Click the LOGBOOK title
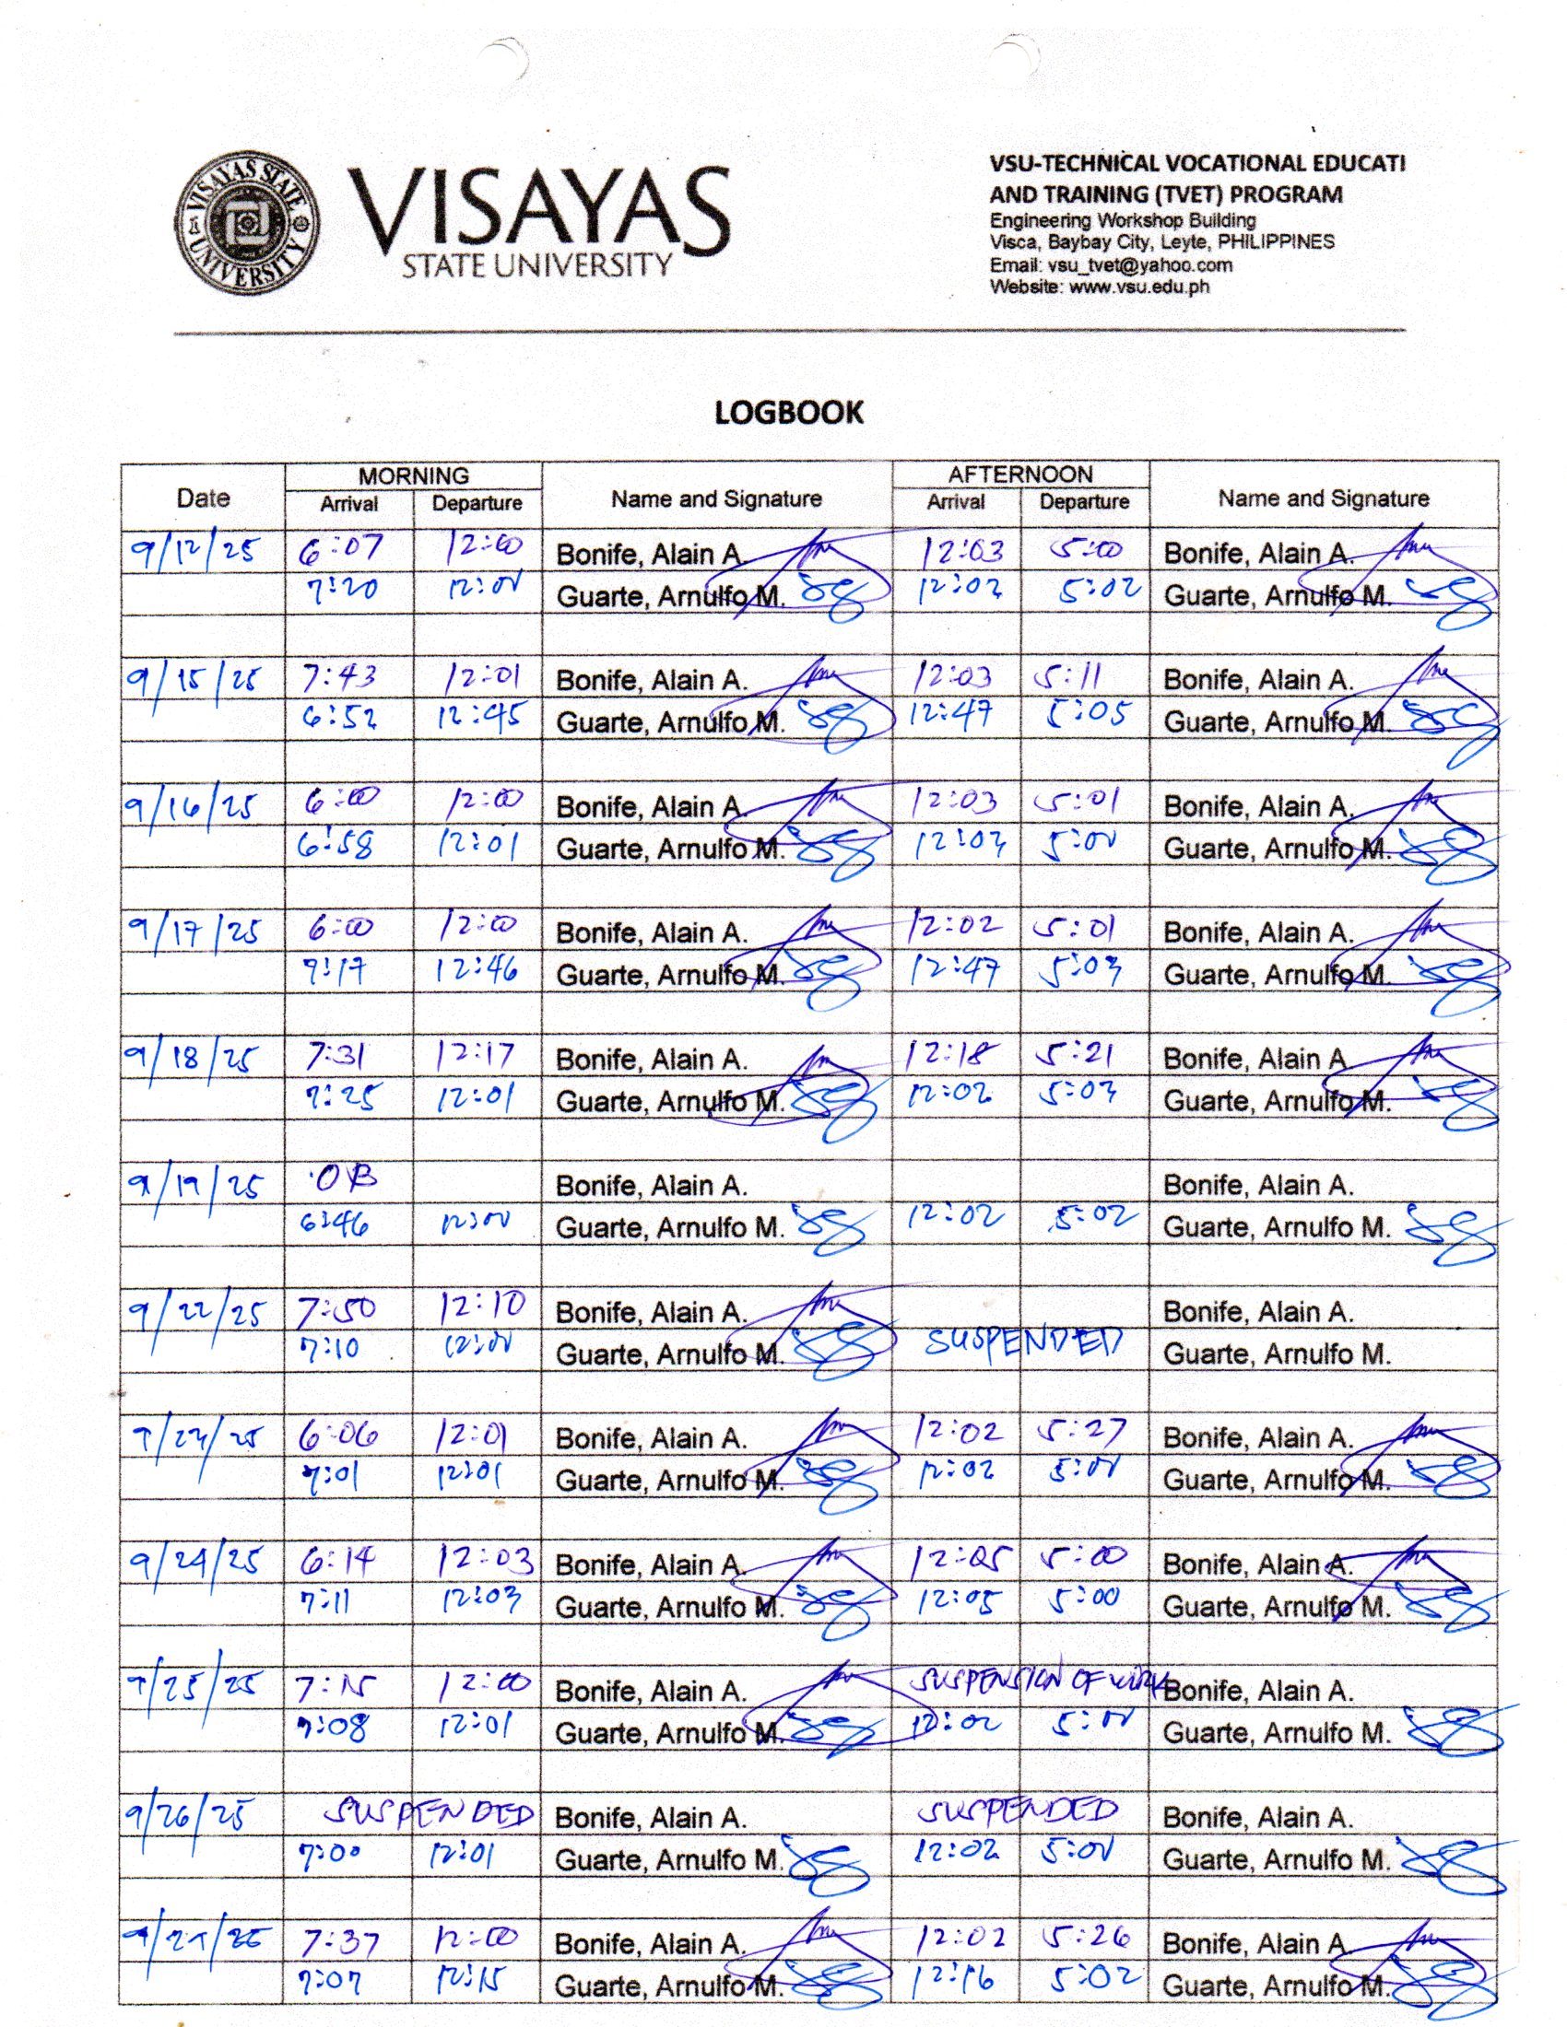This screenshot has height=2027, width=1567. click(788, 413)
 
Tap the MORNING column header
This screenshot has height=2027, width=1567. click(413, 475)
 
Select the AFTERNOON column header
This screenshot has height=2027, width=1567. click(1020, 475)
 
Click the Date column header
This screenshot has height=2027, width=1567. click(203, 498)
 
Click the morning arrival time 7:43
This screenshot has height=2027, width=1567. click(339, 678)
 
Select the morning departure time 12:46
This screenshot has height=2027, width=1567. click(477, 972)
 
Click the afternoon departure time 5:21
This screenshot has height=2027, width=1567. click(1077, 1055)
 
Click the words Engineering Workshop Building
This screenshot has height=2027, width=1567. click(1122, 221)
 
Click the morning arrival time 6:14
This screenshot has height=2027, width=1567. click(337, 1563)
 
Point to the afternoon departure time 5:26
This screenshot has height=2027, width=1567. click(1084, 1937)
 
